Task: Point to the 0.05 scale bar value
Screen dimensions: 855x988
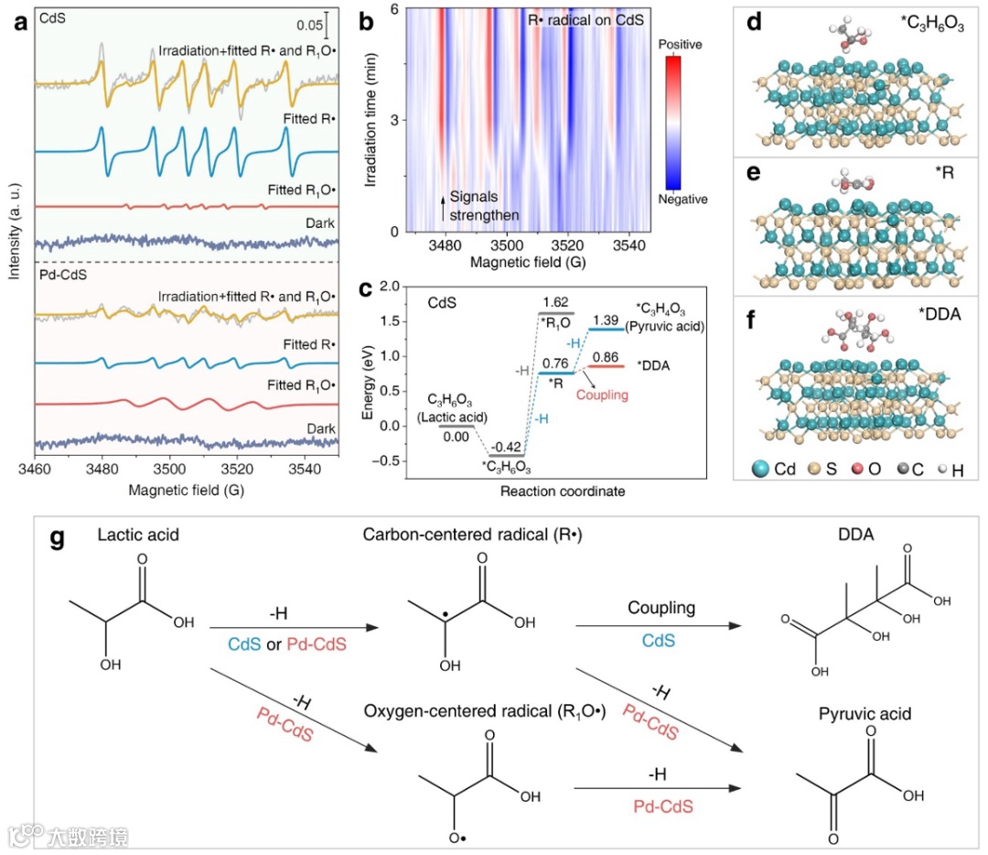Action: [309, 26]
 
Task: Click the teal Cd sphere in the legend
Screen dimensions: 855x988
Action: [758, 468]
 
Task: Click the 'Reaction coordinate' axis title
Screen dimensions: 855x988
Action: [549, 492]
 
